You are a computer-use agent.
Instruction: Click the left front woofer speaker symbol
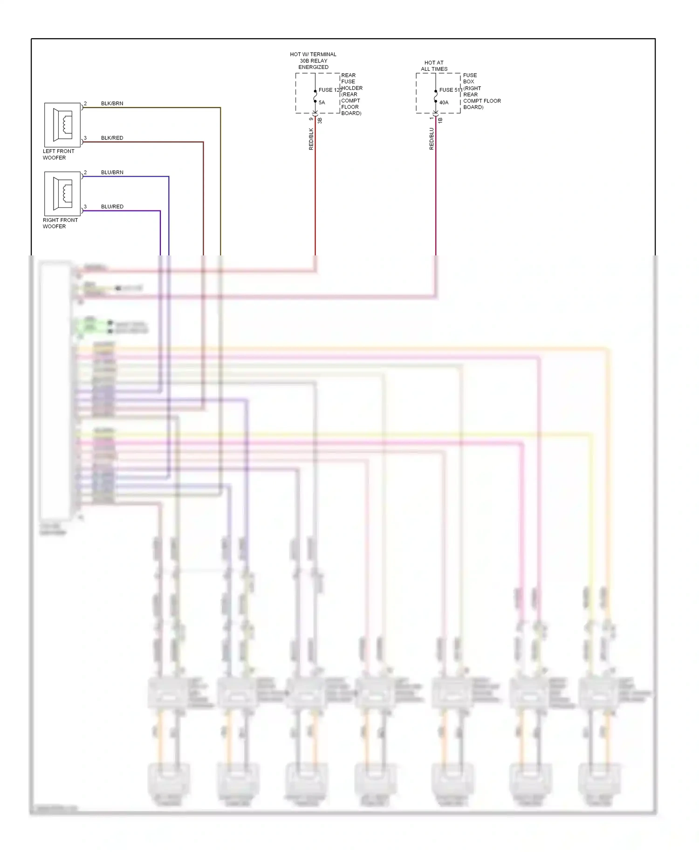point(62,125)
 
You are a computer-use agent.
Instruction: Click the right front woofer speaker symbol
point(62,194)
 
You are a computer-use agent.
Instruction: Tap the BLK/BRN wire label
point(112,103)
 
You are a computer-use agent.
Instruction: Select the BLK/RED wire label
point(112,138)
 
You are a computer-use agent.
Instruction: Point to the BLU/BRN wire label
point(112,172)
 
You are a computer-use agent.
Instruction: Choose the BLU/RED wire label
point(112,206)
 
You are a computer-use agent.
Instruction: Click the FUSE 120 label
point(330,90)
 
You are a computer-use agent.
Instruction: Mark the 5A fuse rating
point(322,103)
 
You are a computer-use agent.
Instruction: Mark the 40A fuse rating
point(444,103)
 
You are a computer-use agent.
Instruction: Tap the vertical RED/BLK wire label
point(311,139)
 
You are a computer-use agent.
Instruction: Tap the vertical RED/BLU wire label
point(432,139)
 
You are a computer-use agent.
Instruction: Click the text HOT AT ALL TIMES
point(434,66)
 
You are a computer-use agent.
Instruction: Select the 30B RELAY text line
point(313,61)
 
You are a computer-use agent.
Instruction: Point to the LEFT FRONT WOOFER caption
point(58,154)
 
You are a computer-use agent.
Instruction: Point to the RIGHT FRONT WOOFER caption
point(60,223)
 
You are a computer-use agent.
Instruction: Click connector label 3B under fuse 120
point(320,120)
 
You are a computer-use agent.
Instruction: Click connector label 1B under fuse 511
point(440,120)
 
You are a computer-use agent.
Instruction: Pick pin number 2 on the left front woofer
point(85,103)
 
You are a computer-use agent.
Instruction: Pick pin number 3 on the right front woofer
point(85,206)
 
